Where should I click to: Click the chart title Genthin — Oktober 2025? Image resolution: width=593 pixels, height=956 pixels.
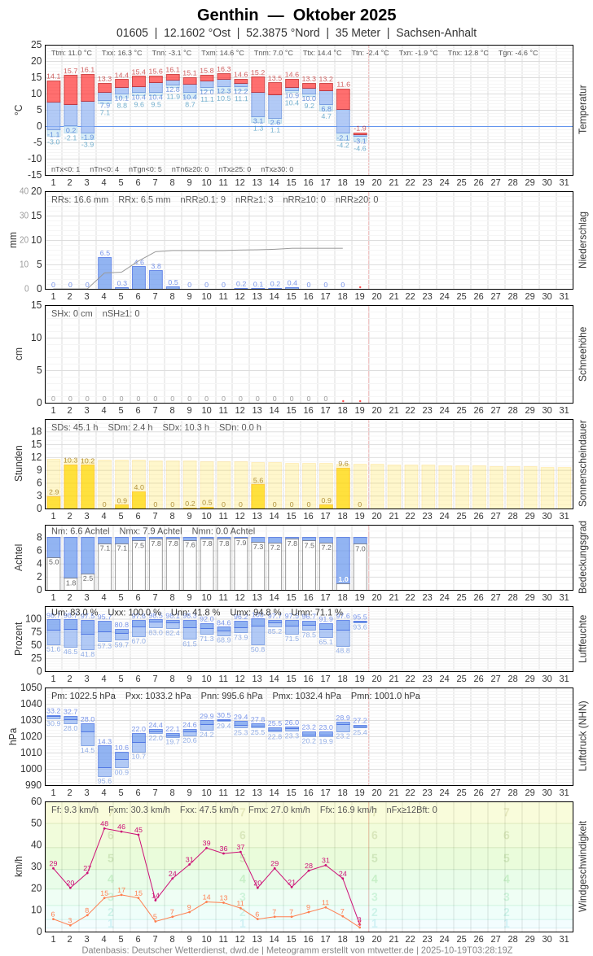click(296, 15)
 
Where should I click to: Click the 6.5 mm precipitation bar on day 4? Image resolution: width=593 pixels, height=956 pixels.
click(104, 273)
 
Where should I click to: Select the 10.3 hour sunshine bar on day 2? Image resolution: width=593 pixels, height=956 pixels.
click(70, 487)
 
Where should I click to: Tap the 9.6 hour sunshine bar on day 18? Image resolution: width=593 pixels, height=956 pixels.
click(343, 488)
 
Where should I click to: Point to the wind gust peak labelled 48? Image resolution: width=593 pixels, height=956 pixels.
click(104, 828)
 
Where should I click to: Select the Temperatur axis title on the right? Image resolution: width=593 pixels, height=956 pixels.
click(582, 110)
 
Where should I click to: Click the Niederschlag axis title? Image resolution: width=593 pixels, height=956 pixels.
click(582, 240)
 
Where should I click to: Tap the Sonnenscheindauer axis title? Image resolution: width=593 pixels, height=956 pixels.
click(582, 464)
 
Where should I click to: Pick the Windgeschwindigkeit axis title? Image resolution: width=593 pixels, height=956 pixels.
click(582, 866)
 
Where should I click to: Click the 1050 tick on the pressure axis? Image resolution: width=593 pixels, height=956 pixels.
click(31, 688)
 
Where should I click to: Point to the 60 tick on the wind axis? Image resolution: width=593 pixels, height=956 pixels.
click(36, 801)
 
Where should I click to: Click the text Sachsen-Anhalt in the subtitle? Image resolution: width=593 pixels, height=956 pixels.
click(436, 33)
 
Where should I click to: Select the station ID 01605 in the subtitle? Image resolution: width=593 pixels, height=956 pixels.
click(132, 33)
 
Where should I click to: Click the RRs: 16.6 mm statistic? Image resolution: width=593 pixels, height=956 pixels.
click(80, 199)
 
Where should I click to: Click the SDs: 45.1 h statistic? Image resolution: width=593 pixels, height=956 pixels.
click(75, 427)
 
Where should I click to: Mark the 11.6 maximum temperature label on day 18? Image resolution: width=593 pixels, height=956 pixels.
click(343, 85)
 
